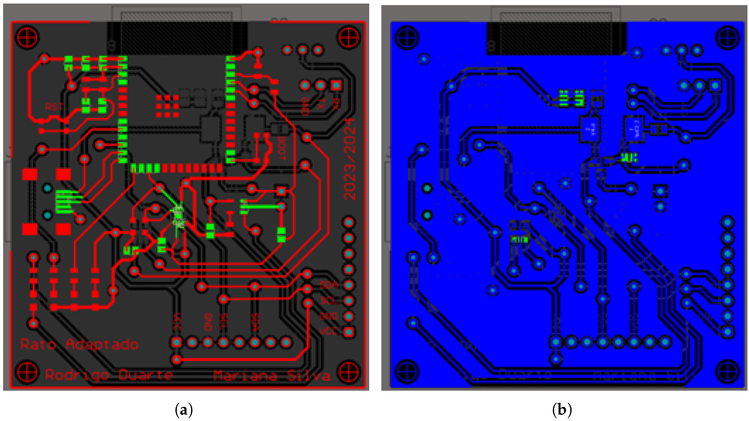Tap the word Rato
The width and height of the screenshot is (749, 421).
(x=38, y=344)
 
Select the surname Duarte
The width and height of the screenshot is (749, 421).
(x=145, y=375)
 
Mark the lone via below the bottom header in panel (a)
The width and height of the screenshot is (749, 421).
(x=177, y=359)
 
